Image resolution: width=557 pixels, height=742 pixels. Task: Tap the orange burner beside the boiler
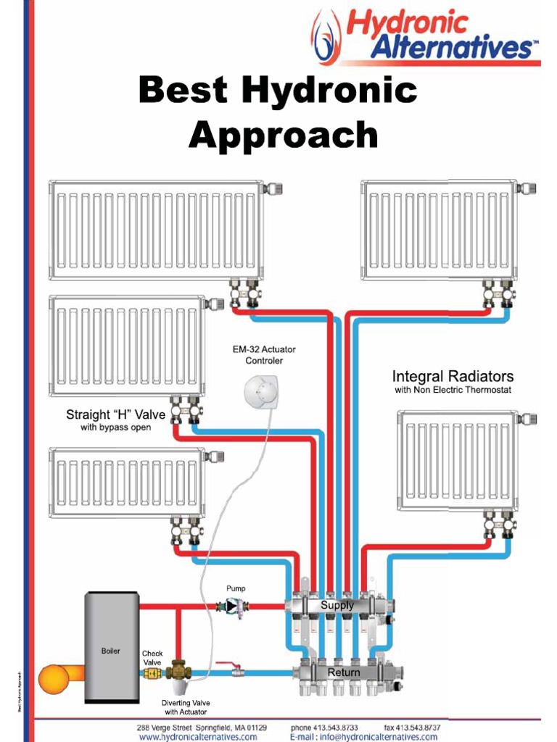pos(54,679)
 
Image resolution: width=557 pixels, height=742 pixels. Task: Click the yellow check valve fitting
pos(152,673)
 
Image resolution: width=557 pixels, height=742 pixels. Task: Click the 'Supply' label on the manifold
pos(337,605)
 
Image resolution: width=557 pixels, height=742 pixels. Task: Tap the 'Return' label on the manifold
pos(343,672)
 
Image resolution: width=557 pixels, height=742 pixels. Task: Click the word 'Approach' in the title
pos(283,135)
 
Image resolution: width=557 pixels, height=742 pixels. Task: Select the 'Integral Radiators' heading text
pos(453,376)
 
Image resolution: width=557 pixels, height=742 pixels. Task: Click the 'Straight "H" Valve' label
pos(116,415)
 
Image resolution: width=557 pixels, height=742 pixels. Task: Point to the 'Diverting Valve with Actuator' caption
pos(186,707)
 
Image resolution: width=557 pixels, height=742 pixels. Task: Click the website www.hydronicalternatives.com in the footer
pos(198,737)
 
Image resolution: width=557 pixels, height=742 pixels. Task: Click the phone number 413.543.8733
pos(324,727)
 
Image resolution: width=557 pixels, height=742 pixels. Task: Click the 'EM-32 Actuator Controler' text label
pos(264,355)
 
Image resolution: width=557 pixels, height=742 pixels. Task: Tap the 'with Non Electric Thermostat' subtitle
pos(453,391)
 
